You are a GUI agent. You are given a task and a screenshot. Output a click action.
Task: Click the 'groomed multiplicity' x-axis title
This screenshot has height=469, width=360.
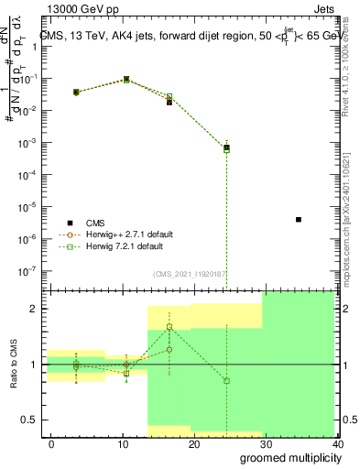(x=287, y=457)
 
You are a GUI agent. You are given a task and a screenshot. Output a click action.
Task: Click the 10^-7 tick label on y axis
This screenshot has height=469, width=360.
(x=28, y=271)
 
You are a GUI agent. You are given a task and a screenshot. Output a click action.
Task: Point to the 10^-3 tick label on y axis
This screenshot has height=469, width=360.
(x=28, y=143)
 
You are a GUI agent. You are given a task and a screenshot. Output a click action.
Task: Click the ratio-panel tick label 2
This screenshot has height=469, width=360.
(x=33, y=309)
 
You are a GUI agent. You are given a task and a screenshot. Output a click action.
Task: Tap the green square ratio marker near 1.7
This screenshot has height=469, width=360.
(x=169, y=326)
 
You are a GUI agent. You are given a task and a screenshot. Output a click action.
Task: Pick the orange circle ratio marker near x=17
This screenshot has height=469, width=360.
(x=169, y=349)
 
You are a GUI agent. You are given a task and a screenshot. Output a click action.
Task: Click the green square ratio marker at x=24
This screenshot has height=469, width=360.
(x=226, y=380)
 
